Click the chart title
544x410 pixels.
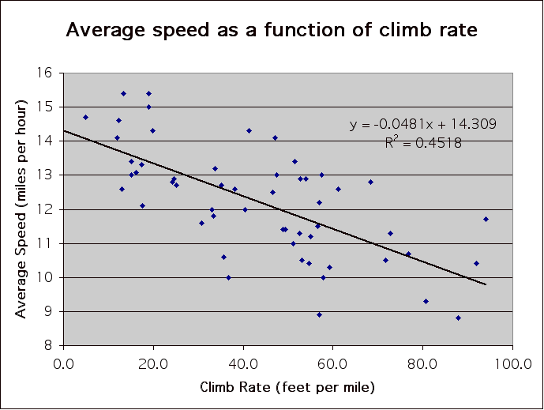pyautogui.click(x=272, y=31)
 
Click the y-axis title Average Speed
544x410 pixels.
pyautogui.click(x=21, y=209)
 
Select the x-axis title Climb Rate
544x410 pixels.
pyautogui.click(x=287, y=387)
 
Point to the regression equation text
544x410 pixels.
pyautogui.click(x=423, y=125)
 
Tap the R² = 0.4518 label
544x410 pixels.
pyautogui.click(x=423, y=143)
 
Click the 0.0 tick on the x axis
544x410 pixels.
pyautogui.click(x=64, y=365)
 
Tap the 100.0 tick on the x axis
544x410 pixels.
pyautogui.click(x=512, y=365)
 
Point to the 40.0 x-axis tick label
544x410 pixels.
pyautogui.click(x=243, y=365)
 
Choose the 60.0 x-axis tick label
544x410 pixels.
pyautogui.click(x=332, y=365)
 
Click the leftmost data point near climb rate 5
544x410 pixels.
pyautogui.click(x=85, y=117)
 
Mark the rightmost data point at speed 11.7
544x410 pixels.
pyautogui.click(x=486, y=219)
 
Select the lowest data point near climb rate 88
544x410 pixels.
pyautogui.click(x=458, y=318)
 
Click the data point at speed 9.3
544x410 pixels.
pyautogui.click(x=426, y=301)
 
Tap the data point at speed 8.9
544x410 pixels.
pyautogui.click(x=319, y=314)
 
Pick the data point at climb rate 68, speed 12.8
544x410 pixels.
pyautogui.click(x=370, y=182)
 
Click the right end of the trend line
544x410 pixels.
pyautogui.click(x=486, y=284)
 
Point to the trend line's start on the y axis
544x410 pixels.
pyautogui.click(x=64, y=130)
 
